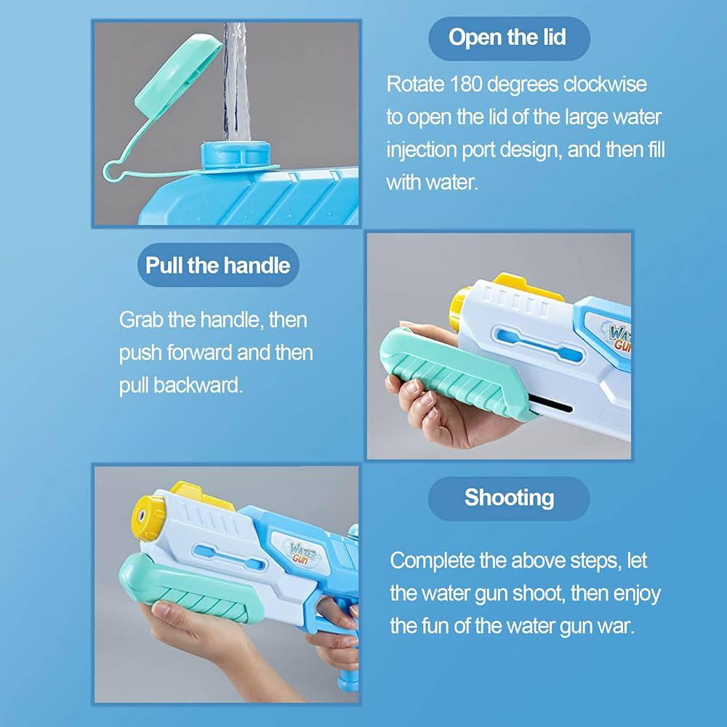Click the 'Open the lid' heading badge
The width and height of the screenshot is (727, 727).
pyautogui.click(x=509, y=39)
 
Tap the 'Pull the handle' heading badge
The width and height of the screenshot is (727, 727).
pyautogui.click(x=218, y=265)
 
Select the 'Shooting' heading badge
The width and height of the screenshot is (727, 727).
pyautogui.click(x=509, y=499)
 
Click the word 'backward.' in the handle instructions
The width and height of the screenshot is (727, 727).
pyautogui.click(x=198, y=385)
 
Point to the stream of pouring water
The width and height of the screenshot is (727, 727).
pyautogui.click(x=236, y=81)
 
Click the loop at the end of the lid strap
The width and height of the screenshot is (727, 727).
pyautogui.click(x=113, y=171)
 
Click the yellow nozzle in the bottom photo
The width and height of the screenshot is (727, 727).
pyautogui.click(x=148, y=518)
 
